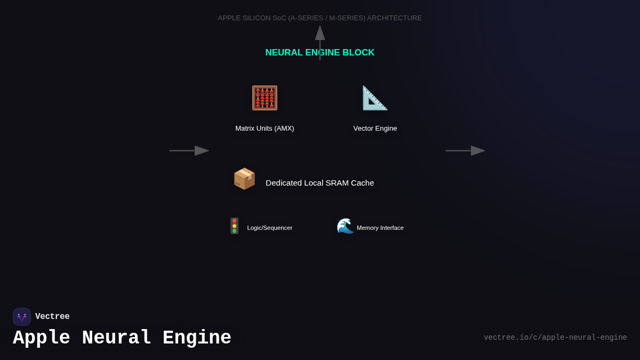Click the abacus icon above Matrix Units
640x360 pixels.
(x=265, y=98)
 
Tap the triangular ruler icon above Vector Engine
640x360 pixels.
(x=375, y=98)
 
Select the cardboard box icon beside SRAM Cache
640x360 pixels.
(x=244, y=179)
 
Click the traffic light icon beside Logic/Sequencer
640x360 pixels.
(x=234, y=226)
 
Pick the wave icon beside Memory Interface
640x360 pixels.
(x=345, y=226)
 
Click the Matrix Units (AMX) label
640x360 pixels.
(x=265, y=129)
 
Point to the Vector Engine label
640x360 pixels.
(x=375, y=129)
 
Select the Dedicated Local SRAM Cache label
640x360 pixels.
(x=320, y=183)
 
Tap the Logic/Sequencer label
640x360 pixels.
(x=269, y=228)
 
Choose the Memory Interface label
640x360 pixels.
(x=380, y=228)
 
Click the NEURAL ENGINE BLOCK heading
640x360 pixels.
(x=320, y=53)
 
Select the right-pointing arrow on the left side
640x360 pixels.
(x=189, y=150)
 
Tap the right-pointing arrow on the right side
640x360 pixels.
(x=466, y=150)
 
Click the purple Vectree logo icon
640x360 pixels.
(x=22, y=317)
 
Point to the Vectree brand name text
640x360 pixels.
(x=52, y=317)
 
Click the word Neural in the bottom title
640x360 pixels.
(x=116, y=338)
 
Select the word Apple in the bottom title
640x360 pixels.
(x=42, y=338)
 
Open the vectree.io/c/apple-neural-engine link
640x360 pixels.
(x=555, y=338)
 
